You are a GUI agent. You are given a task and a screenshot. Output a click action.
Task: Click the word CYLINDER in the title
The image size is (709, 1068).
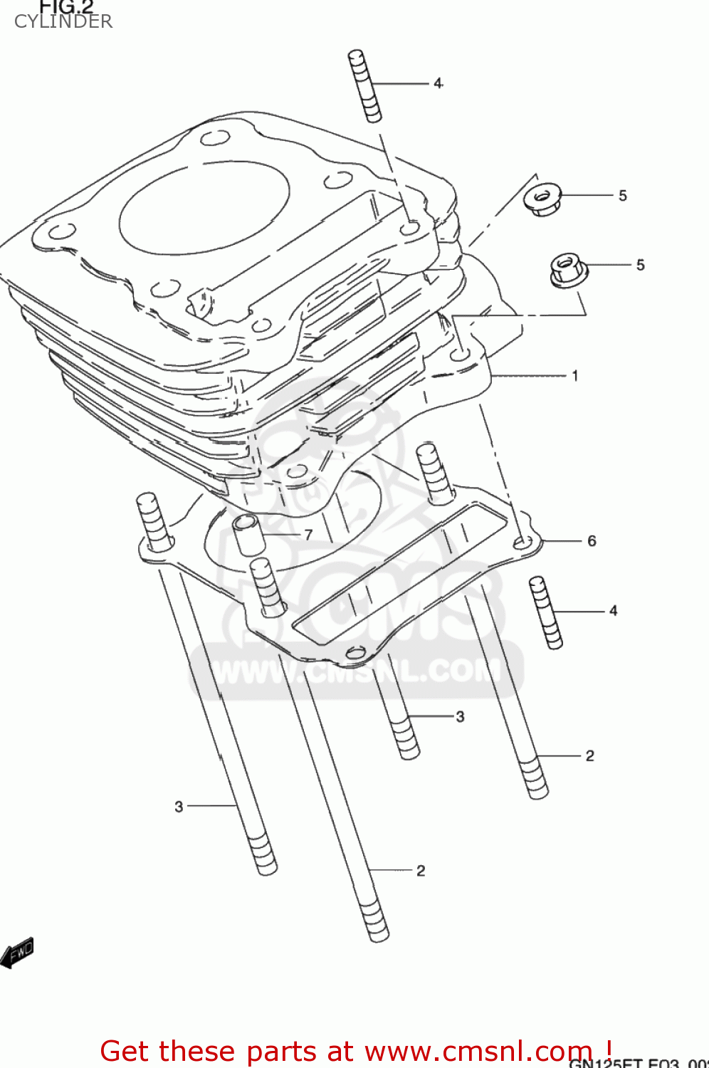pos(63,21)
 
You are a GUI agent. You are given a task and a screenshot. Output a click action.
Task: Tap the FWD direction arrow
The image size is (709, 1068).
pos(17,953)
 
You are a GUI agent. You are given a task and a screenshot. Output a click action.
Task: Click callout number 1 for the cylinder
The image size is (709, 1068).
pos(575,375)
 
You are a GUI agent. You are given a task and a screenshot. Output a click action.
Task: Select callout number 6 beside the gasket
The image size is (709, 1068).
pos(592,541)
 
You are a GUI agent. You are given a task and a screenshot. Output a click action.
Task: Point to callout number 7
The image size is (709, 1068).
pos(308,534)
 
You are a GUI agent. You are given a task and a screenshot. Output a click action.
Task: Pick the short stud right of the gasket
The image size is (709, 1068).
pos(546,612)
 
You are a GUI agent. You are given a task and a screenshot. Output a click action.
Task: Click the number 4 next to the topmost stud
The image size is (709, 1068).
pos(438,83)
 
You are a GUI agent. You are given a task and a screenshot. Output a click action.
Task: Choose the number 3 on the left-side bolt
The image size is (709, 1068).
pos(179,806)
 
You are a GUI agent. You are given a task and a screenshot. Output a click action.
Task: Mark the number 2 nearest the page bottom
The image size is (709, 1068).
pos(421,870)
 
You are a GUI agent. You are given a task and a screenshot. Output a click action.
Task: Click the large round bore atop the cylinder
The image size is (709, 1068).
pos(204,206)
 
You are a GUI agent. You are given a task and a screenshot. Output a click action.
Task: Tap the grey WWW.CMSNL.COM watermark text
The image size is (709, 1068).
pos(356,671)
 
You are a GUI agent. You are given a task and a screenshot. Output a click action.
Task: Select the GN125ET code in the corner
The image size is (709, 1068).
pos(605,1063)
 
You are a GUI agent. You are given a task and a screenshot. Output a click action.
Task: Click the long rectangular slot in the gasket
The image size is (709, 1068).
pos(402,570)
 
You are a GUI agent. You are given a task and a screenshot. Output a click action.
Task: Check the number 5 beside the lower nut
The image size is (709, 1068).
pos(641,265)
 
